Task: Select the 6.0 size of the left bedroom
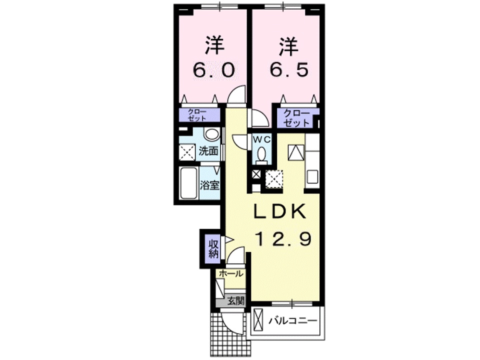click(x=213, y=69)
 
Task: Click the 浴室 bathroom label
click(x=209, y=184)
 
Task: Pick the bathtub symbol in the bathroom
click(x=188, y=184)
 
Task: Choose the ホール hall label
click(x=231, y=273)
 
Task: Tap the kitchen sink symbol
click(x=312, y=177)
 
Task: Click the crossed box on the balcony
click(x=258, y=320)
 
